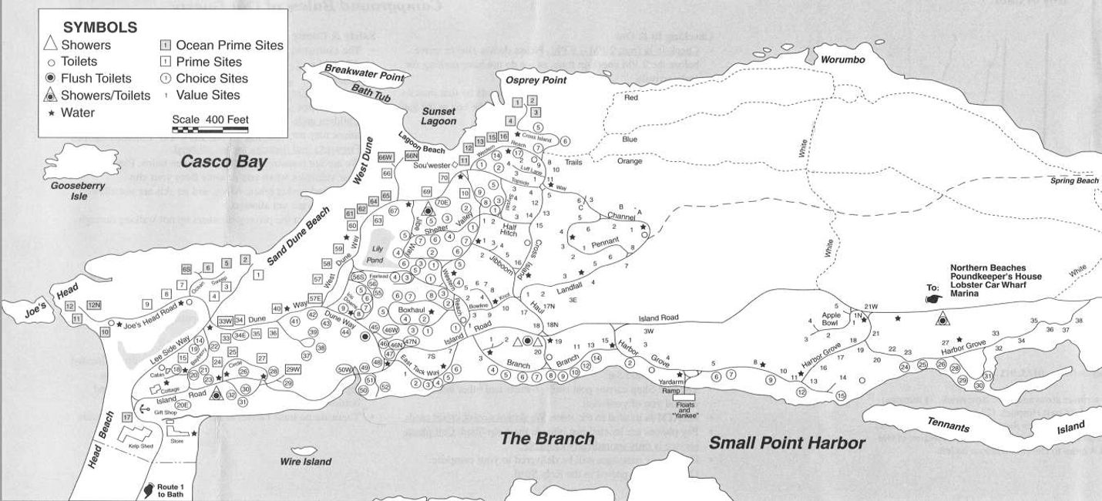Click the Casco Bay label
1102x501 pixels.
coord(223,162)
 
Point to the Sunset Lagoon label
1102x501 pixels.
coord(438,116)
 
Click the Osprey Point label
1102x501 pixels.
coord(536,80)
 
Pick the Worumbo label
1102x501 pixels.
coord(843,59)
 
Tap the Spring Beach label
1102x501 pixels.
coord(1074,180)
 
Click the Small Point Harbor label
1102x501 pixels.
coord(786,443)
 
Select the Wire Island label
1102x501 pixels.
coord(306,462)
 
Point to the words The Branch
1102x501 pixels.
coord(547,439)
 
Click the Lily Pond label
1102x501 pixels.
coord(378,254)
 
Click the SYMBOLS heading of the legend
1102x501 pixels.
coord(100,27)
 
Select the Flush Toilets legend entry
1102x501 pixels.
coord(89,79)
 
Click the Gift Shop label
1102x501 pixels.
coord(166,412)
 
